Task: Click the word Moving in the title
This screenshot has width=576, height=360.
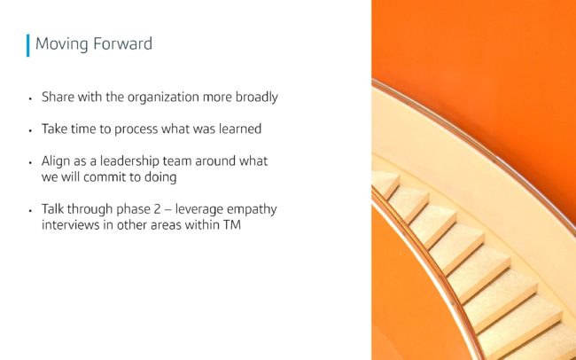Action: (x=62, y=44)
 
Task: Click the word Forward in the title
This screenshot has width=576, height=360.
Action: (x=122, y=43)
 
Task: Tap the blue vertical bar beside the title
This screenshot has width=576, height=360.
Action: (x=28, y=45)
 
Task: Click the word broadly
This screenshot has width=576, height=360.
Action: (x=256, y=98)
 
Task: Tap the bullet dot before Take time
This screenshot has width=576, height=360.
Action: (x=30, y=130)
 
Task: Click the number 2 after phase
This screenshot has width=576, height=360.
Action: (x=157, y=209)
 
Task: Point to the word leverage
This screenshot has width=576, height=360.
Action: (x=198, y=209)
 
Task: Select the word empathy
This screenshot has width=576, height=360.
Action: (x=252, y=209)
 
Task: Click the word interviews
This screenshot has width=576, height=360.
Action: (x=71, y=224)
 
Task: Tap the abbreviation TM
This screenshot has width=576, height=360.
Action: (x=232, y=224)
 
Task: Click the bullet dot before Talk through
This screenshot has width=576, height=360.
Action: (x=30, y=211)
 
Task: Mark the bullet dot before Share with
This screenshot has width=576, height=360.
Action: (x=30, y=98)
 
